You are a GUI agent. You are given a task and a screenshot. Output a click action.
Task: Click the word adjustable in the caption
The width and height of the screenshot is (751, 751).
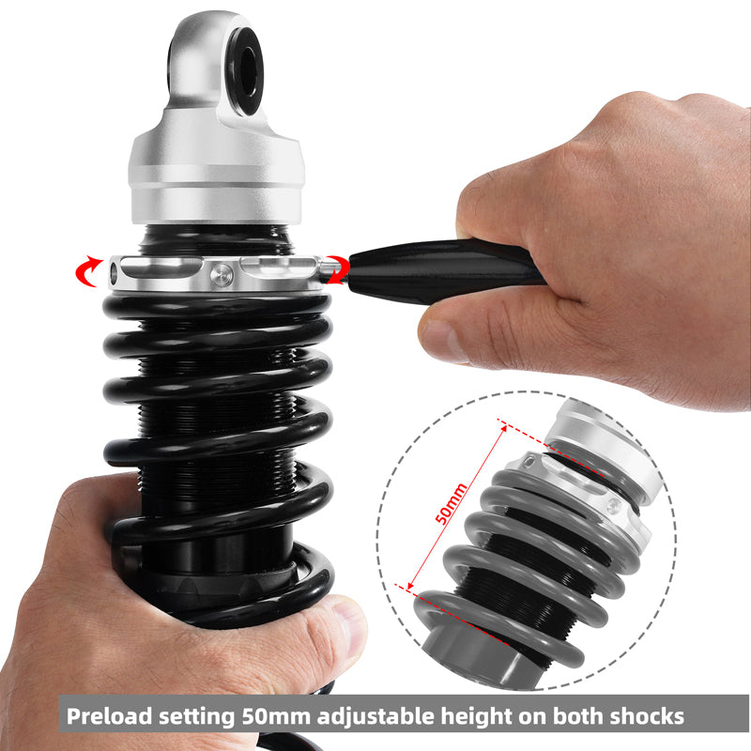coord(369,716)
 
